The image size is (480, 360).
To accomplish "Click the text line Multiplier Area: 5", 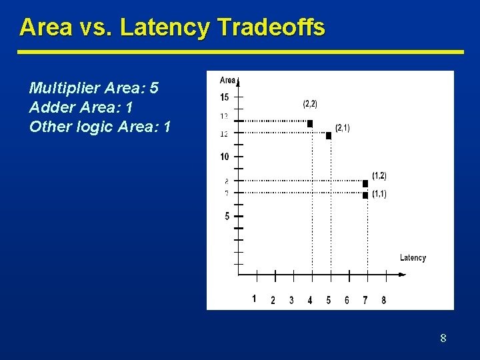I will click(94, 89).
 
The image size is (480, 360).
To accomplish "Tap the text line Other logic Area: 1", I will click(100, 127).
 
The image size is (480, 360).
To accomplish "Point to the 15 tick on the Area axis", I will click(224, 97).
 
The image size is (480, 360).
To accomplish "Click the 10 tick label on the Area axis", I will click(224, 157).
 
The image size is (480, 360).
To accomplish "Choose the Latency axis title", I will click(413, 258).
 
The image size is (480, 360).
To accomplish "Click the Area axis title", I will click(227, 80).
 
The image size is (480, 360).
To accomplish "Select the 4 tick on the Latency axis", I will click(310, 301).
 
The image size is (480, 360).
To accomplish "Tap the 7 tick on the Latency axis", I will click(365, 301).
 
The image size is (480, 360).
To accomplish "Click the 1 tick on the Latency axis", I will click(254, 299).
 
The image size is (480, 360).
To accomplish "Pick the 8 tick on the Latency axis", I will click(383, 301).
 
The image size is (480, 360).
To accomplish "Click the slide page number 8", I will click(443, 339).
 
